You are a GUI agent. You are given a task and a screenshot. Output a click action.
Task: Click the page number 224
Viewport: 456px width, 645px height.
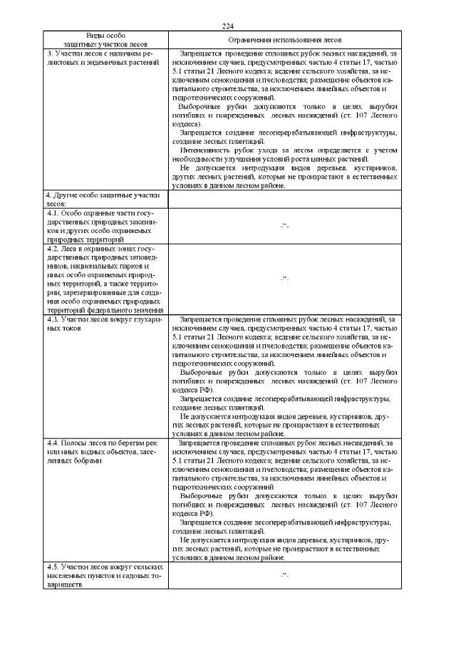click(228, 26)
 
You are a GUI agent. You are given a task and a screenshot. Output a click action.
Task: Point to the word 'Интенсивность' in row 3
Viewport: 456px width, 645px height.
click(204, 151)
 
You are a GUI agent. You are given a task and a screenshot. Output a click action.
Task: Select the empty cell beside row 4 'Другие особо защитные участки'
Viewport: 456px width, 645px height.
click(284, 199)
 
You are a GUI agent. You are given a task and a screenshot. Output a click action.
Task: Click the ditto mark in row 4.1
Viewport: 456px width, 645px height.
click(284, 227)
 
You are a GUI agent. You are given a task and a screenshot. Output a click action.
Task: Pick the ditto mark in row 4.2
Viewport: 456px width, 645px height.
click(284, 279)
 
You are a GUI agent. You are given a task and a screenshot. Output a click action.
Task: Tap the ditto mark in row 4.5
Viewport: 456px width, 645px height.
click(284, 575)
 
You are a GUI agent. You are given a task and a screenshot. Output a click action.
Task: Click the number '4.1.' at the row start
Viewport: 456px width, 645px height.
click(53, 212)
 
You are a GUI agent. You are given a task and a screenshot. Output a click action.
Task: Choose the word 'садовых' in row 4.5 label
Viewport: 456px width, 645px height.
click(123, 574)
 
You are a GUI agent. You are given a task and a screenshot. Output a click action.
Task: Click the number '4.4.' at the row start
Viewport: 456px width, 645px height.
click(53, 443)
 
